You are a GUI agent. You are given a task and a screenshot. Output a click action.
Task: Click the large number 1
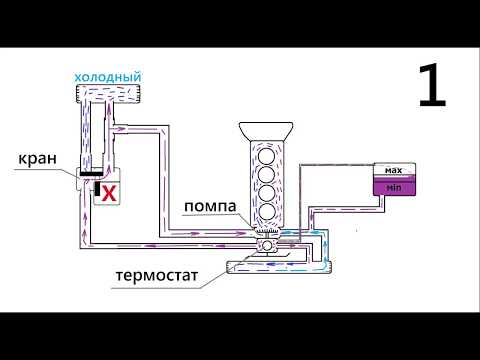point(431,88)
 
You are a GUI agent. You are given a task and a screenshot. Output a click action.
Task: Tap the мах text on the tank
point(393,171)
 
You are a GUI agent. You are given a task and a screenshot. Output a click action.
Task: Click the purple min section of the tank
point(393,187)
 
